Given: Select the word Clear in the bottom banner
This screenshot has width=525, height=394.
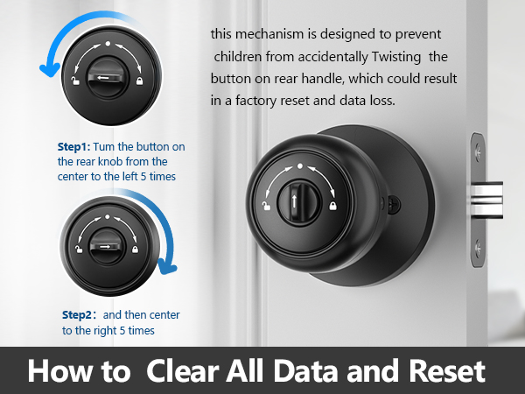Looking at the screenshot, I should point(182,370).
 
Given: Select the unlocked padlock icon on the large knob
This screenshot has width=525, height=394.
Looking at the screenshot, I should point(265,205).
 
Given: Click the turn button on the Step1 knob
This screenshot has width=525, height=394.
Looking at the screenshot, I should point(107,77).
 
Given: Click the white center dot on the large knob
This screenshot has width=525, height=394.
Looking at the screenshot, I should point(299,165).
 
